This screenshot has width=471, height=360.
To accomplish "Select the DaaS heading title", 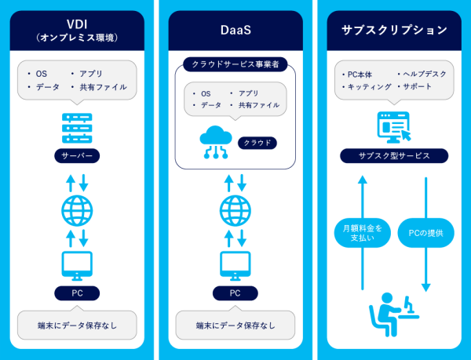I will click(234, 30).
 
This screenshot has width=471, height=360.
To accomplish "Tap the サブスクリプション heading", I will click(394, 30).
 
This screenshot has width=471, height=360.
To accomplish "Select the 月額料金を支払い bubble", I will click(362, 234).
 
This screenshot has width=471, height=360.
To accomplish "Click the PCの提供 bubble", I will click(426, 234).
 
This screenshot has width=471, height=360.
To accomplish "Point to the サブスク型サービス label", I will click(394, 156).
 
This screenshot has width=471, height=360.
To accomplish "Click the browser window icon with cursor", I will click(394, 125).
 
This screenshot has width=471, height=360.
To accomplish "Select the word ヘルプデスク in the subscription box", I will click(425, 74).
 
